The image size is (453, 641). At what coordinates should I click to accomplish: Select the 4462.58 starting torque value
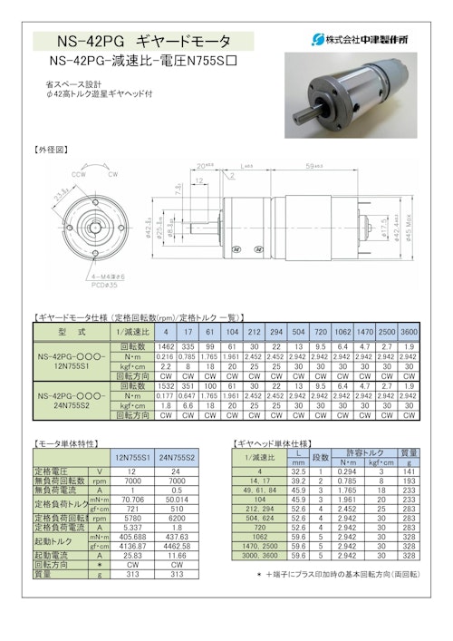pyautogui.click(x=177, y=546)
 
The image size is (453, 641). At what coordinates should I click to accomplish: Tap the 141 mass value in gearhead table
pyautogui.click(x=409, y=471)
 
